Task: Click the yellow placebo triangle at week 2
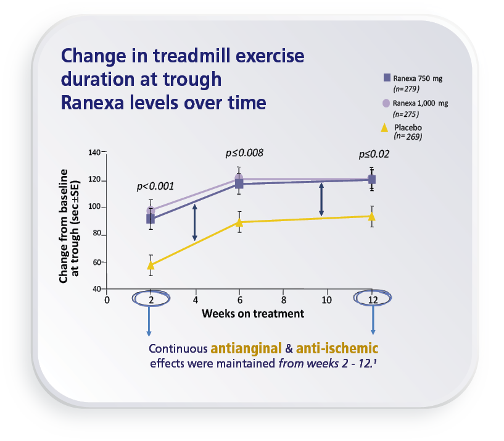[x=151, y=265]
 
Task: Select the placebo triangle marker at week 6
[x=239, y=222]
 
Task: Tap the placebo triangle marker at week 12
[x=371, y=216]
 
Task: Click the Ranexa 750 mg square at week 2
[x=151, y=219]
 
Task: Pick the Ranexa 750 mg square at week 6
[x=239, y=184]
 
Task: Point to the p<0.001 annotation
[x=155, y=185]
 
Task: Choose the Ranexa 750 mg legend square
[x=387, y=78]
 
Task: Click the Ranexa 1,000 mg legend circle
[x=387, y=103]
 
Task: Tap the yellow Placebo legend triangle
[x=384, y=128]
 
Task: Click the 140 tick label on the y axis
[x=94, y=152]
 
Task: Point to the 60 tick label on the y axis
[x=96, y=262]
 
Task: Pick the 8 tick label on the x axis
[x=283, y=300]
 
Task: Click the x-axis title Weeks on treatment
[x=253, y=314]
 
